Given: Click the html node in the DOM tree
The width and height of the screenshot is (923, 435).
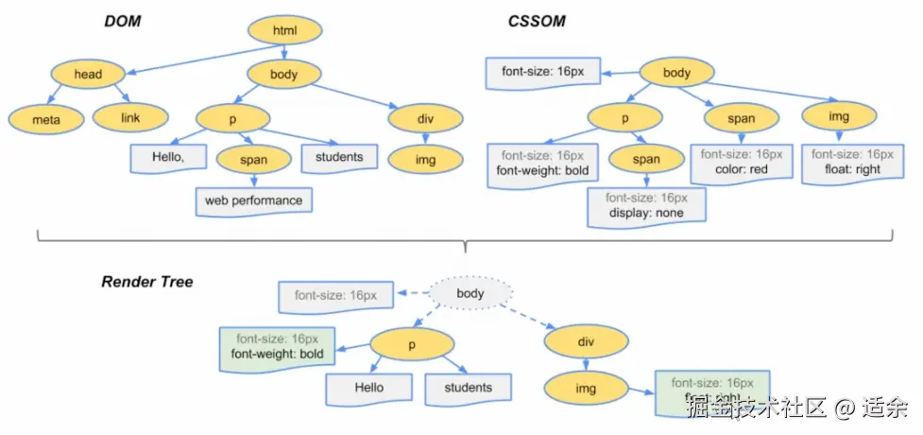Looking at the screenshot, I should [x=284, y=31].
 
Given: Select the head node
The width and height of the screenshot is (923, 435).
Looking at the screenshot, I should [x=88, y=74].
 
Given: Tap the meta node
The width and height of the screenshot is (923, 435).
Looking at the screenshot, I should [x=46, y=120].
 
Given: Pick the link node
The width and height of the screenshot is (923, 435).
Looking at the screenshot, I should [x=130, y=118].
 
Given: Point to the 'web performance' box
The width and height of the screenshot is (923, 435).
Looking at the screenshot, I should [x=254, y=200].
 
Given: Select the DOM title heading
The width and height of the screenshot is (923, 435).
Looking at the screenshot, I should [x=124, y=21].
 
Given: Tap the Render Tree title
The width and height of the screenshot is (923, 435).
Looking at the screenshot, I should [x=147, y=282].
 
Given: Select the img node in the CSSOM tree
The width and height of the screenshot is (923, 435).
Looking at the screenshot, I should [x=838, y=117].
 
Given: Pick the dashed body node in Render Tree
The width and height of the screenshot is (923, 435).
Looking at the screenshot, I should [x=470, y=293].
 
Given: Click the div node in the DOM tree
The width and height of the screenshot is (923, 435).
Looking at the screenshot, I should [x=426, y=118].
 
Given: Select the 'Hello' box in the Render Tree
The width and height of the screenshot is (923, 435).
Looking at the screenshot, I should [x=368, y=388].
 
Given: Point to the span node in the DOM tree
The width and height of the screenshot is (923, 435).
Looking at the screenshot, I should [x=254, y=160].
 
